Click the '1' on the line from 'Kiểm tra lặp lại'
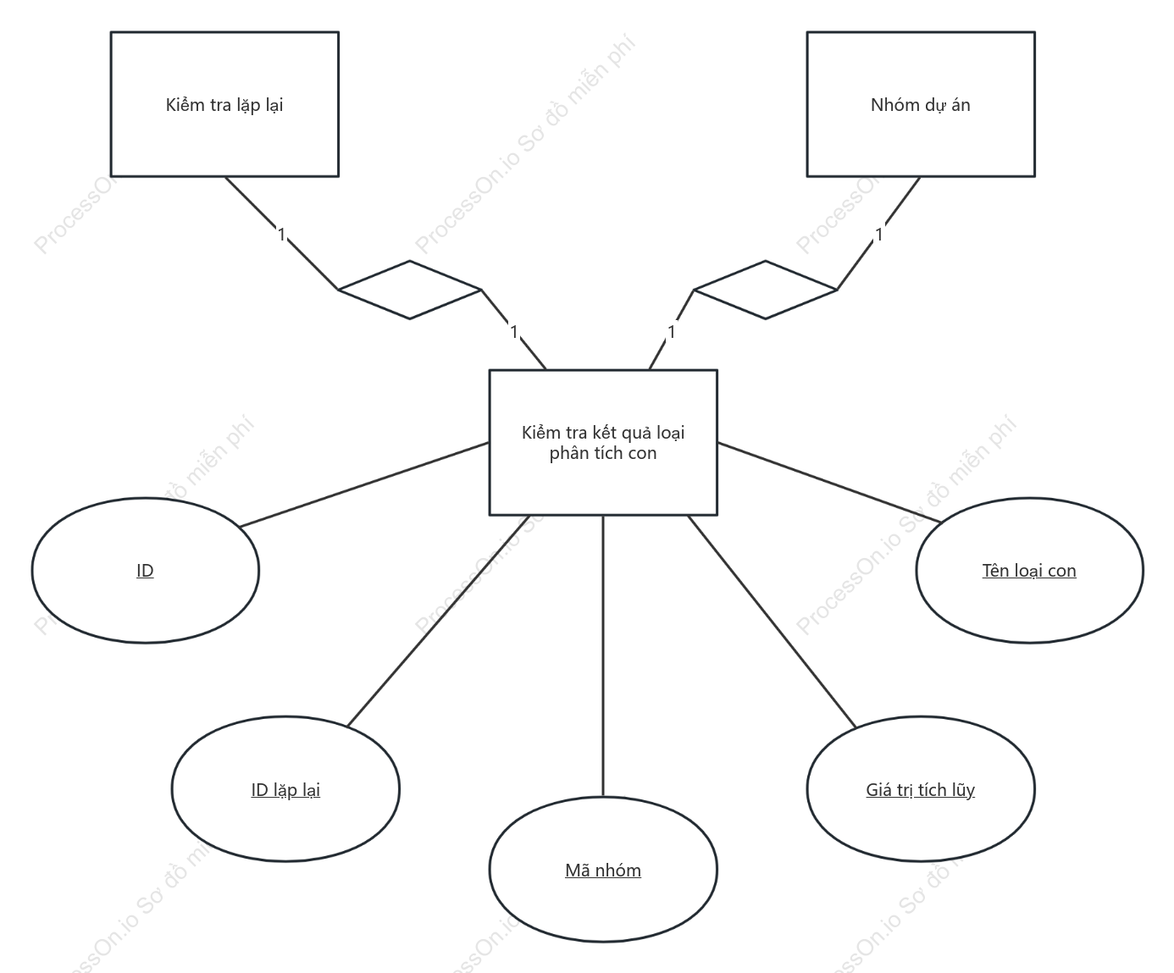(x=282, y=235)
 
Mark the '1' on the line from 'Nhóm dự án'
(x=879, y=235)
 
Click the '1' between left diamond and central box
(x=513, y=332)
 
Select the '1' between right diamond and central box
(x=671, y=332)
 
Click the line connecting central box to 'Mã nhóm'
(x=603, y=656)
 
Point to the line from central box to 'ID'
(x=364, y=484)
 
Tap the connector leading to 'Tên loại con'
(x=829, y=483)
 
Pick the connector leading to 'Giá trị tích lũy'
(x=772, y=622)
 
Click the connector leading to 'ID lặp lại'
(x=439, y=621)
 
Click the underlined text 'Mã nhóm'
(x=603, y=871)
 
